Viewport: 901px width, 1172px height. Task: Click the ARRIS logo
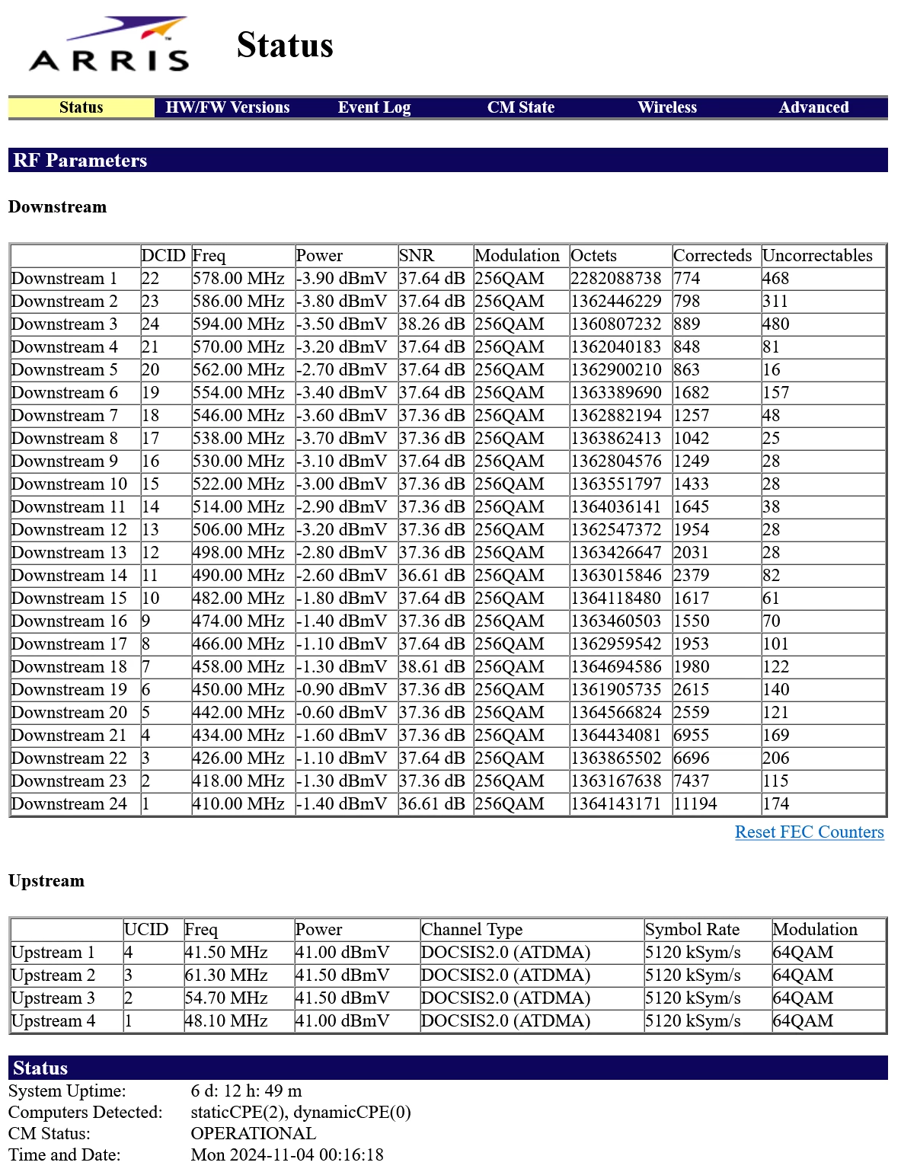(x=109, y=45)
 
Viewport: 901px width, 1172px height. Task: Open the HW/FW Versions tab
(x=228, y=107)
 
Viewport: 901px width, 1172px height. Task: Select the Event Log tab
(x=374, y=107)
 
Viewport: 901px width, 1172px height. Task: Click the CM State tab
(x=521, y=107)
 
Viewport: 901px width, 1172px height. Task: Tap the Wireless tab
(x=667, y=107)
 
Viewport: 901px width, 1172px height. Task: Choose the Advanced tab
(x=813, y=107)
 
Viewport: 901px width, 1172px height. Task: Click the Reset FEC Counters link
(x=809, y=832)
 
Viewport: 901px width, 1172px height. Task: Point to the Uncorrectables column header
(x=817, y=255)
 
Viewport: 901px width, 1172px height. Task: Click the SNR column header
(x=417, y=255)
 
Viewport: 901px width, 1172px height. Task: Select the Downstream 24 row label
(x=69, y=803)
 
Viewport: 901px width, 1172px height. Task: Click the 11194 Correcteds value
(x=695, y=803)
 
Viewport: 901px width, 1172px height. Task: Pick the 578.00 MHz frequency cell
(x=238, y=278)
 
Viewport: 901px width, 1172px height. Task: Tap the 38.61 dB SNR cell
(x=432, y=666)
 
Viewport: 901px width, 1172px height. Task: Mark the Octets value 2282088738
(x=616, y=278)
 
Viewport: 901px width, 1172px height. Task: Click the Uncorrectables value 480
(x=776, y=324)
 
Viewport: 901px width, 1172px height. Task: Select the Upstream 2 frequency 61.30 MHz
(x=226, y=975)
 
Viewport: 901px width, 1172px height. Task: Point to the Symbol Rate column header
(x=692, y=929)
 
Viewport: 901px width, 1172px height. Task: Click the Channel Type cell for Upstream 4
(x=506, y=1020)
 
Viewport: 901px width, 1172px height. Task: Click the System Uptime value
(x=246, y=1091)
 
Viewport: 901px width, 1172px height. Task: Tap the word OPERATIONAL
(x=254, y=1133)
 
